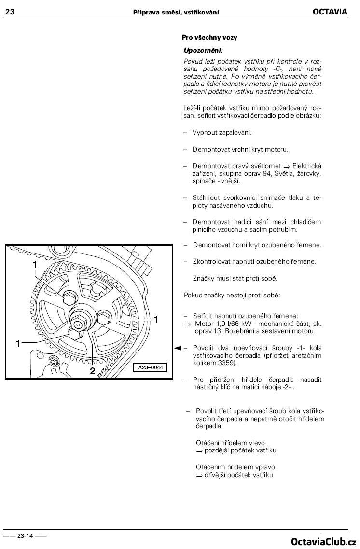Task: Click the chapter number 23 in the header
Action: (x=10, y=12)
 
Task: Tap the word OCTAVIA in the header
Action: (x=330, y=12)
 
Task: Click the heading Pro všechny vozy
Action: (x=209, y=38)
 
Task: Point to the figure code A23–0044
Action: (x=151, y=367)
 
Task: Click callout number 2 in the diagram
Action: (x=92, y=371)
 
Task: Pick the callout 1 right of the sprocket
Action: (x=156, y=320)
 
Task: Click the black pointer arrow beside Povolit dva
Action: (x=178, y=348)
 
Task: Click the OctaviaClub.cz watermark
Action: (x=324, y=542)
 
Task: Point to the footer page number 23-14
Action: (x=25, y=535)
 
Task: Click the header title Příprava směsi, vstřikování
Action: (x=176, y=12)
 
